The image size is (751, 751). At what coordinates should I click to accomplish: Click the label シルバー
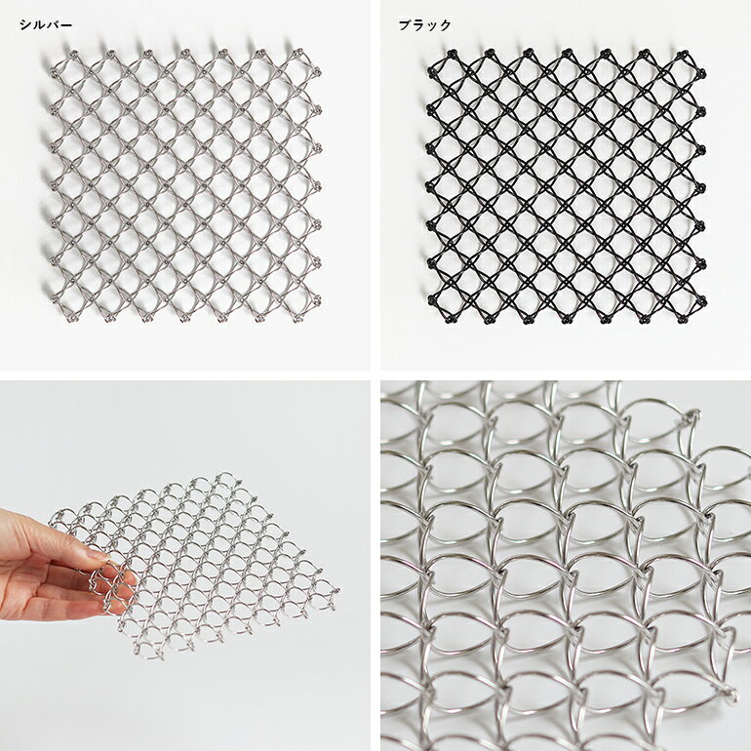pos(46,25)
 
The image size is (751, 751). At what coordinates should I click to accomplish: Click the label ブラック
pos(425,25)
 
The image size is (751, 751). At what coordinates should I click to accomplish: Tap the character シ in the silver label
pos(25,25)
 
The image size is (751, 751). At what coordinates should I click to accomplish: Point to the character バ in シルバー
pos(53,25)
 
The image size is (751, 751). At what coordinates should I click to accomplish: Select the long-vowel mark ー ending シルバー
pos(66,25)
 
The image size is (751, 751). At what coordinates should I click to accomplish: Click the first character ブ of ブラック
pos(405,25)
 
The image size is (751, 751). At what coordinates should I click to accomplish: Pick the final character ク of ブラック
pos(446,25)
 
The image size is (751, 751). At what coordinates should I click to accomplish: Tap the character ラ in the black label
pos(418,25)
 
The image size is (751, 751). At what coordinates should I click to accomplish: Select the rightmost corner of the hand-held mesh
pos(336,592)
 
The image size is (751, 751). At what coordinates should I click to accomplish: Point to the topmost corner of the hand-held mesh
pos(225,476)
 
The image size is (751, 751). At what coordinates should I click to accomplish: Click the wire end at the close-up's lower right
pos(731,693)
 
